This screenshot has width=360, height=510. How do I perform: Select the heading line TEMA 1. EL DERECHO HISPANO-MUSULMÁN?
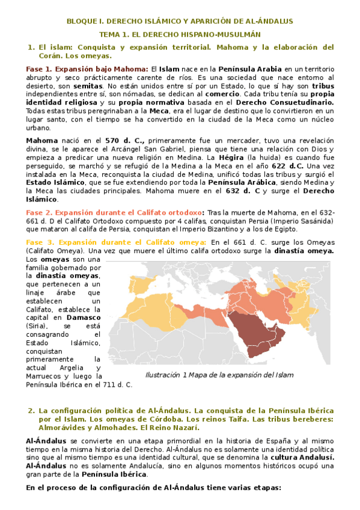180,34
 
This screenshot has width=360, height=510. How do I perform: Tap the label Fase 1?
39,69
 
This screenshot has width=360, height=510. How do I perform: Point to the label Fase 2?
39,212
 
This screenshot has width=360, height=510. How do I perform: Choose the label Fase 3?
39,241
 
